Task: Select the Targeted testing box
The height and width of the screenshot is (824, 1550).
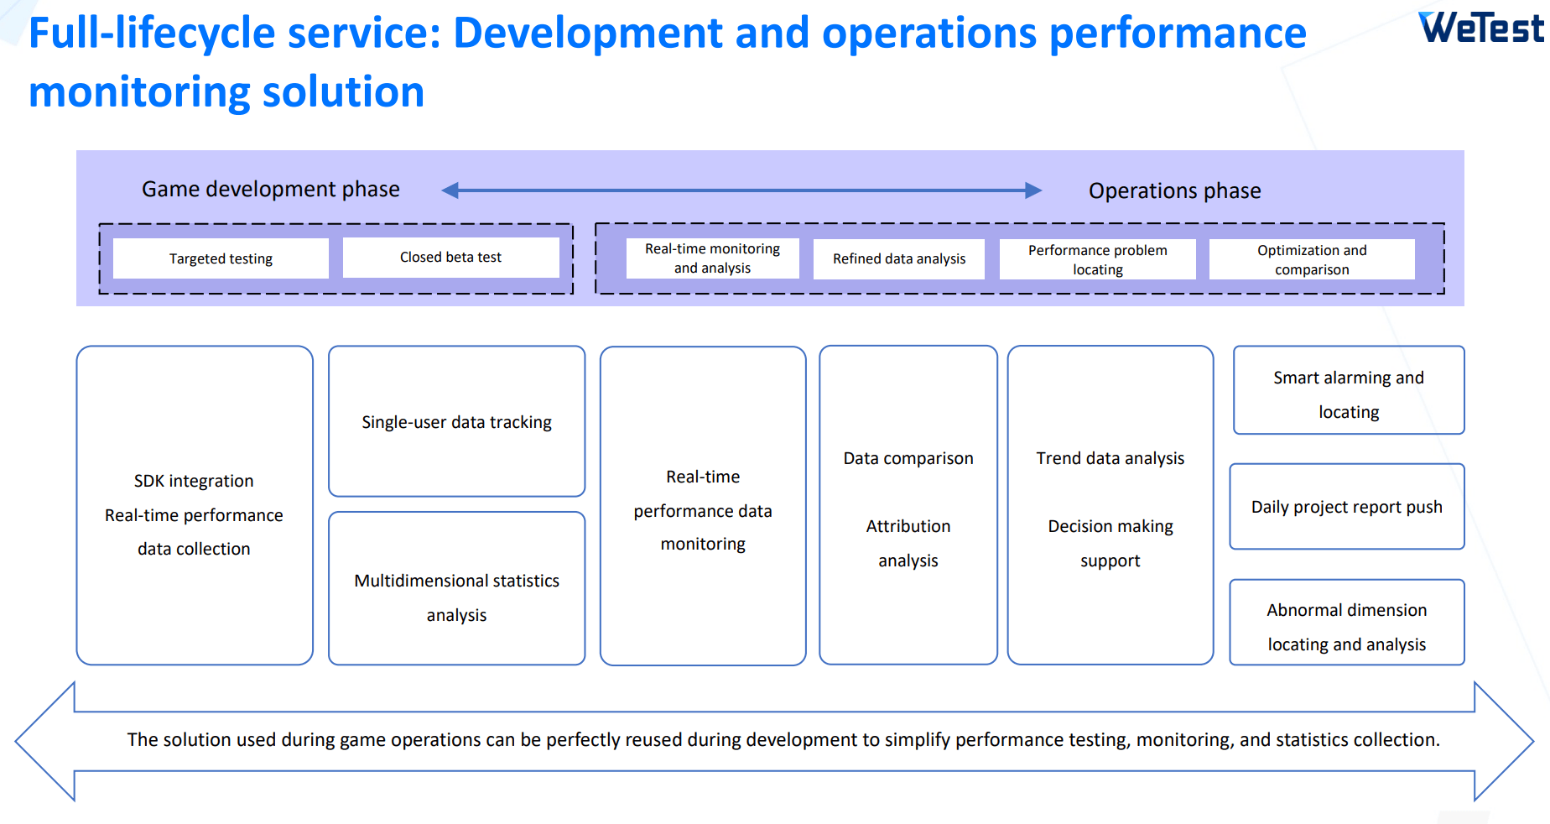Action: pyautogui.click(x=221, y=258)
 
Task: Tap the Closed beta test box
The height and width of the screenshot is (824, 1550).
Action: pyautogui.click(x=450, y=257)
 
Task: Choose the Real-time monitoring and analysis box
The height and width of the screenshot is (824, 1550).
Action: pyautogui.click(x=712, y=258)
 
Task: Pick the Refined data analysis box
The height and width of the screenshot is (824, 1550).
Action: pyautogui.click(x=899, y=258)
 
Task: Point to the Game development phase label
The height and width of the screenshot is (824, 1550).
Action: pyautogui.click(x=271, y=190)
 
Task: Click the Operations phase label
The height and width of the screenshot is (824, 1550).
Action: pyautogui.click(x=1174, y=191)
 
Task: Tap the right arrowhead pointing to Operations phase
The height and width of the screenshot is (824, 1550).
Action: pyautogui.click(x=1034, y=190)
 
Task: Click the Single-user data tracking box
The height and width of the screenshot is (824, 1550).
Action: pyautogui.click(x=456, y=421)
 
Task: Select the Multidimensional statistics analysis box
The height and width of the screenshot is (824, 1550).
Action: pyautogui.click(x=456, y=588)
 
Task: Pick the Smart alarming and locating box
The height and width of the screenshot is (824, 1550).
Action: pyautogui.click(x=1349, y=390)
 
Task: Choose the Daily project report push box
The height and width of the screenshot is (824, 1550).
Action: pyautogui.click(x=1347, y=507)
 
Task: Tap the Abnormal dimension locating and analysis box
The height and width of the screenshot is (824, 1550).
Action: pyautogui.click(x=1347, y=623)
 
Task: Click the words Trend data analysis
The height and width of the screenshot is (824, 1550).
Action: pyautogui.click(x=1110, y=458)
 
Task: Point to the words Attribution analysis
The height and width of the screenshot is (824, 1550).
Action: pyautogui.click(x=908, y=543)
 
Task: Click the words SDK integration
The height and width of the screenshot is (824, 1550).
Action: pyautogui.click(x=194, y=481)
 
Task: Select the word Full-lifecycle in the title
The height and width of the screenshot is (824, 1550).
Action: pyautogui.click(x=152, y=34)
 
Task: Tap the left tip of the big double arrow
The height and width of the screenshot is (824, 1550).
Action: pyautogui.click(x=16, y=741)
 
